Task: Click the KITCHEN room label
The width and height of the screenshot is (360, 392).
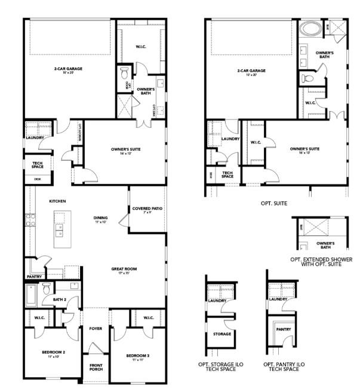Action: pos(58,201)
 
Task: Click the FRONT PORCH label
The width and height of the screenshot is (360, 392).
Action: pos(96,367)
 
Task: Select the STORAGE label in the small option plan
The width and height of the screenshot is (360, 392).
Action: pos(222,333)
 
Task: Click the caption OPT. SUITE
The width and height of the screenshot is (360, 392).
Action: pos(274,204)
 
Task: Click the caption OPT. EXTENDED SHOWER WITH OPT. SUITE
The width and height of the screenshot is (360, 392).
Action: pos(321,262)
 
